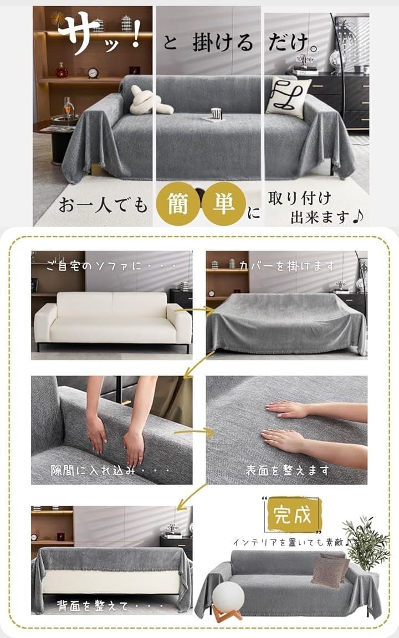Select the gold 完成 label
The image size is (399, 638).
click(293, 514)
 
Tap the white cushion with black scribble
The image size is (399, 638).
click(288, 96)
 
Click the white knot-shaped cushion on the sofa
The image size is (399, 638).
click(147, 102)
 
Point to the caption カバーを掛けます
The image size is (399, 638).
click(287, 266)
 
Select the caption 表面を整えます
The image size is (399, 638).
click(287, 470)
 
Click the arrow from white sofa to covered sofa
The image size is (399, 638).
click(194, 311)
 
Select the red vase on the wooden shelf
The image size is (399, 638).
click(62, 70)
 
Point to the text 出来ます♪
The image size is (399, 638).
click(326, 217)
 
